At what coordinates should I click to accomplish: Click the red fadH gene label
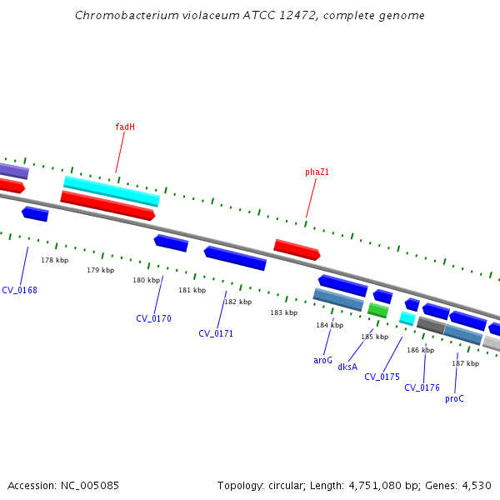[x=125, y=127]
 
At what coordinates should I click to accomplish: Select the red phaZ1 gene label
[x=317, y=172]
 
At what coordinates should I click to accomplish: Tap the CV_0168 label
[x=19, y=291]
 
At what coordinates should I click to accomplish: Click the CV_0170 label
[x=153, y=318]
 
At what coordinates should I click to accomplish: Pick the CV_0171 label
[x=216, y=333]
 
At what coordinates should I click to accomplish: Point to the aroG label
[x=322, y=361]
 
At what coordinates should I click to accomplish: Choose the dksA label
[x=347, y=367]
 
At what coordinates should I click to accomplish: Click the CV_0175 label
[x=382, y=377]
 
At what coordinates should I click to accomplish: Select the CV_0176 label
[x=422, y=387]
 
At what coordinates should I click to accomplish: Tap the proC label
[x=454, y=398]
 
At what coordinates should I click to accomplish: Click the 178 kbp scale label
[x=55, y=261]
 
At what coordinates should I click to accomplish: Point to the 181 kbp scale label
[x=192, y=291]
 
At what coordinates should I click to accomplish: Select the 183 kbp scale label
[x=283, y=313]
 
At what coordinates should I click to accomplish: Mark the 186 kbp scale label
[x=420, y=351]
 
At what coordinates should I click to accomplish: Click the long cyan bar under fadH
[x=111, y=191]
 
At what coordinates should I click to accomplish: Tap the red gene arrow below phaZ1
[x=297, y=249]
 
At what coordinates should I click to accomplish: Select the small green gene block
[x=378, y=310]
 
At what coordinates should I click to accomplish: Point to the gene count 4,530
[x=477, y=485]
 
